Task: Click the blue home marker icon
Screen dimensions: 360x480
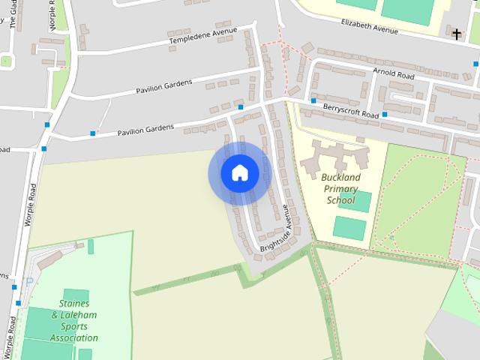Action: [x=239, y=173]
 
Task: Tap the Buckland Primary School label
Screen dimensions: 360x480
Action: [x=340, y=189]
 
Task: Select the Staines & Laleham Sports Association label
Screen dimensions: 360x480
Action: [x=74, y=320]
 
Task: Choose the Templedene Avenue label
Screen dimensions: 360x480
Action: [x=202, y=36]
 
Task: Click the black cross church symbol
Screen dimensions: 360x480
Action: [x=457, y=34]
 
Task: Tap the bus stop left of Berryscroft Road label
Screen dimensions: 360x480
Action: [x=313, y=100]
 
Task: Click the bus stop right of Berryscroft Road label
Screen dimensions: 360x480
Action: [x=384, y=115]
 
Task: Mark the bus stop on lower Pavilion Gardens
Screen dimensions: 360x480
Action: [x=93, y=133]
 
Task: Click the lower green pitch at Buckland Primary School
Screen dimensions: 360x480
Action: [x=349, y=228]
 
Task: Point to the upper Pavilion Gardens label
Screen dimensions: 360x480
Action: [x=164, y=86]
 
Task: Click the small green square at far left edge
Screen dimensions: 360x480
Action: [x=6, y=61]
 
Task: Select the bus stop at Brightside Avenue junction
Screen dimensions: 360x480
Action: [x=241, y=107]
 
